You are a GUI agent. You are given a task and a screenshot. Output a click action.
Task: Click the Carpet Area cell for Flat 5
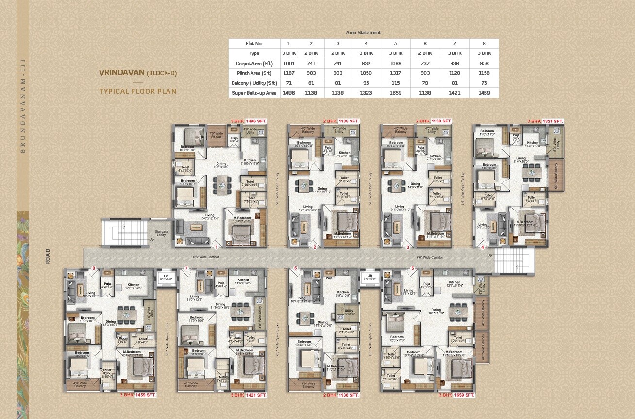[x=396, y=63]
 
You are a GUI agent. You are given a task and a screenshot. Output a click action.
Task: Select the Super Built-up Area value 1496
[x=288, y=93]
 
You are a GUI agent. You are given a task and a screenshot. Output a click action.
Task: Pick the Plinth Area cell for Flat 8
[x=484, y=73]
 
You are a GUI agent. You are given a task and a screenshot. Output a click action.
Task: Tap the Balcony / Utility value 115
[x=396, y=83]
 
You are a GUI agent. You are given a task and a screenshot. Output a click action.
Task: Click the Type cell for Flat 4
[x=366, y=53]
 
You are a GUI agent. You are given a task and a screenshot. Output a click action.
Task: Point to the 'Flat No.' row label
[x=254, y=44]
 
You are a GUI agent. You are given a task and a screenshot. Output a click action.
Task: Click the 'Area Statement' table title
[x=363, y=33]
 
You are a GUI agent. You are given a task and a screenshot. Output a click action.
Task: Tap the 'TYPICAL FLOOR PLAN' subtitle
[x=137, y=91]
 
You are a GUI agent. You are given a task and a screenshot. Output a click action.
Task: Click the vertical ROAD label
[x=48, y=256]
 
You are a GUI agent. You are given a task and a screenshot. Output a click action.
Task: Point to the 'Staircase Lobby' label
[x=161, y=233]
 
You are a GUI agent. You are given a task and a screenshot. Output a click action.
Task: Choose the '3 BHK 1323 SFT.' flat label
[x=545, y=121]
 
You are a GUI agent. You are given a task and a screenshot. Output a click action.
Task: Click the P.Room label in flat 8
[x=122, y=338]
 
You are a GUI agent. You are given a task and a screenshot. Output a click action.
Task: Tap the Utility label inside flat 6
[x=349, y=312]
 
